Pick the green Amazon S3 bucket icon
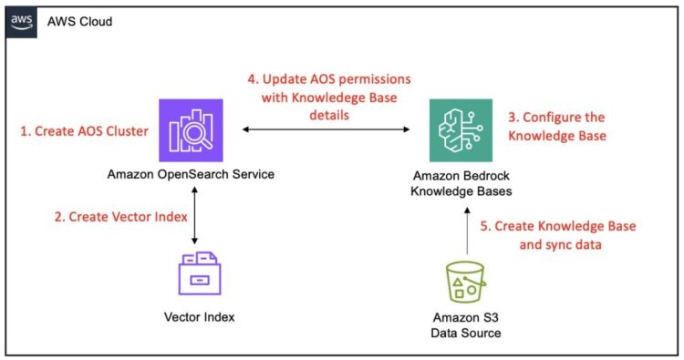point(467,283)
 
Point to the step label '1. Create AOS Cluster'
point(84,131)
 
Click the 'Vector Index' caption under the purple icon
point(194,318)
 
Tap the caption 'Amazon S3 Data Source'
point(467,325)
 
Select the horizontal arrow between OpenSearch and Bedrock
point(325,131)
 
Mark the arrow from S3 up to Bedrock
point(466,231)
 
